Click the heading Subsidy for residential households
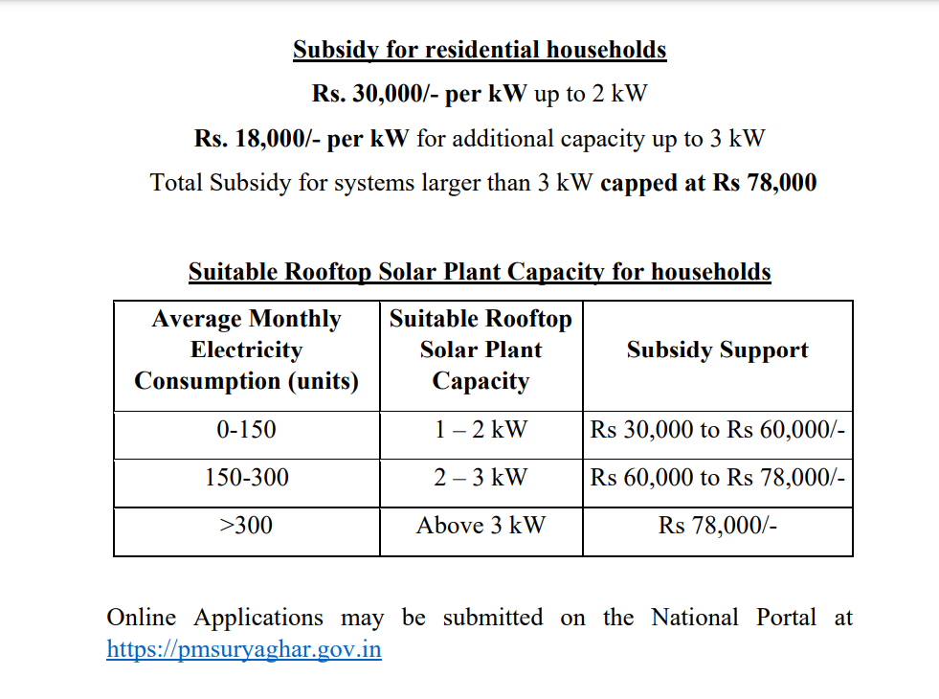[480, 50]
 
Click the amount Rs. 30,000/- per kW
[419, 94]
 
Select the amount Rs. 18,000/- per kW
[302, 139]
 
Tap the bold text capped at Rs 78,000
[708, 183]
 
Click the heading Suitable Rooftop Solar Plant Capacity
[480, 272]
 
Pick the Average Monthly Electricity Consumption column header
[247, 349]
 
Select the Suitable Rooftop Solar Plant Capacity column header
[481, 349]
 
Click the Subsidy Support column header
[717, 350]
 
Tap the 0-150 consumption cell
[247, 430]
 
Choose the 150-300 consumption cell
[247, 477]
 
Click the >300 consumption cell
[247, 525]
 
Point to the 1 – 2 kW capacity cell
[481, 430]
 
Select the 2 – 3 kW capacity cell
[481, 477]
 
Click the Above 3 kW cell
[481, 525]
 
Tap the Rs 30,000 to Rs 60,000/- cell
[717, 430]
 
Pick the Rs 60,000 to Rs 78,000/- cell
[717, 477]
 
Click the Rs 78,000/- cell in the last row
[717, 525]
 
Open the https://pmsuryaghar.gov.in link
[244, 649]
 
